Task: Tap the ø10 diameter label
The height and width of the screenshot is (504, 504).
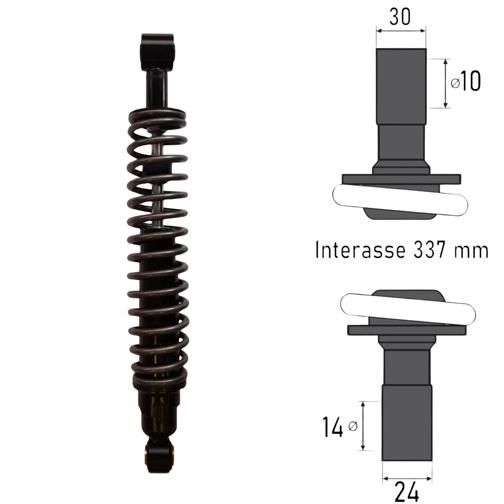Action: [466, 81]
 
